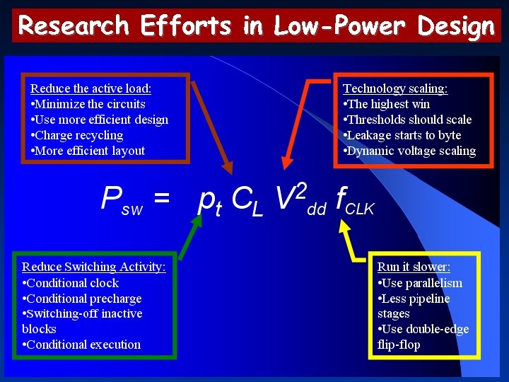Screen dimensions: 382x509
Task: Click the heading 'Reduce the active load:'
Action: (90, 88)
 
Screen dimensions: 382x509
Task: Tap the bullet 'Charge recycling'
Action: (78, 135)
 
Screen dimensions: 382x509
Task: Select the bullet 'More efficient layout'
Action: (89, 151)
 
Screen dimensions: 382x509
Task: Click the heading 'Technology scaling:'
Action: (395, 88)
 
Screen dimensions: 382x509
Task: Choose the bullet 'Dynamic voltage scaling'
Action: (411, 151)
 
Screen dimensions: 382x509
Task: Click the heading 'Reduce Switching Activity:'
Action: (94, 267)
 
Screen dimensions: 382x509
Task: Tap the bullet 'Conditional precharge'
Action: (83, 299)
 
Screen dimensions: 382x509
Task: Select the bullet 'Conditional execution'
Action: (83, 345)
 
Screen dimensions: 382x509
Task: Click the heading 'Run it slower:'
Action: (414, 267)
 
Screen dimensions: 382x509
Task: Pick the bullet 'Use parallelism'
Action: (421, 283)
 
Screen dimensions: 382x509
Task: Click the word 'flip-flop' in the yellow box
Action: (399, 345)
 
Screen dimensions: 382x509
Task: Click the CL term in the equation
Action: (247, 201)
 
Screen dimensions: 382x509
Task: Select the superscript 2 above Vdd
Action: (301, 189)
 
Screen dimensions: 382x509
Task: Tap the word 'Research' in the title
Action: (74, 27)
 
